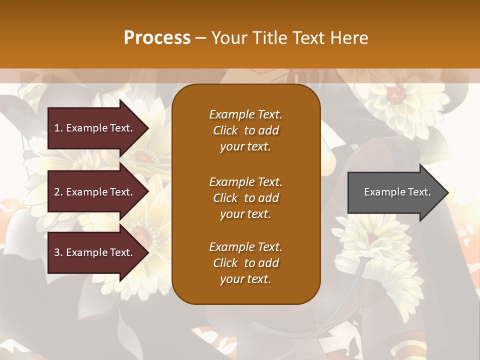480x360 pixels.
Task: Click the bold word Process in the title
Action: tap(157, 38)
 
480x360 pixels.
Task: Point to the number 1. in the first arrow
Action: tap(58, 128)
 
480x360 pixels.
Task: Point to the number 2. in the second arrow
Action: tap(58, 192)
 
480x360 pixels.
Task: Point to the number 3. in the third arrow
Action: tap(58, 252)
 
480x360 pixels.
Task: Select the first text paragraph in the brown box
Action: tap(245, 130)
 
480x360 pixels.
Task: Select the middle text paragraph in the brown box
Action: tap(245, 198)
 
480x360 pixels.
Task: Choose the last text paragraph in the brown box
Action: tap(245, 263)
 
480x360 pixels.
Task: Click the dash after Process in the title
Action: tap(200, 38)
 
